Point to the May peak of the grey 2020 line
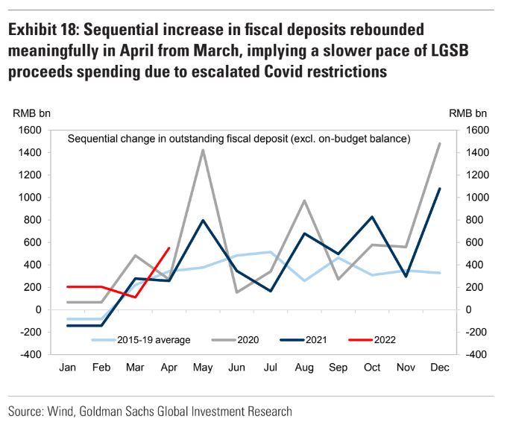point(203,151)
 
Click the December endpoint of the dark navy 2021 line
point(438,189)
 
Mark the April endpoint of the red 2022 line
point(169,248)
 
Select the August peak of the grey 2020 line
point(303,201)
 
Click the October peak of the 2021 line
point(371,217)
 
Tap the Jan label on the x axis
point(68,368)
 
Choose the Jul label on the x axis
point(270,368)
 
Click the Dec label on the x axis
point(438,368)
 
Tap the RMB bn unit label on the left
point(31,113)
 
